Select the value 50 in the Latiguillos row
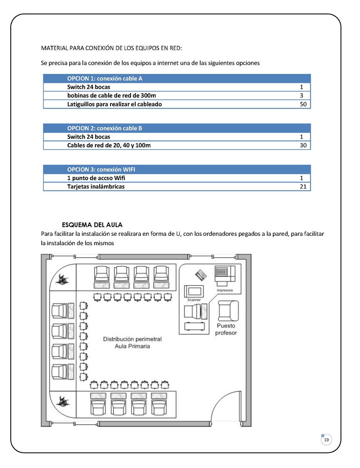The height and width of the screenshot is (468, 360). point(303,104)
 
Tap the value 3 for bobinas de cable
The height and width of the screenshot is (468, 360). point(302,95)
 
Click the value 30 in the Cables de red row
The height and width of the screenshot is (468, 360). point(303,146)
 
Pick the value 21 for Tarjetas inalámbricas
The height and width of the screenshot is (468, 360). point(303,187)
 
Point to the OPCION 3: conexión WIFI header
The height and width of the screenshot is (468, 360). point(101,169)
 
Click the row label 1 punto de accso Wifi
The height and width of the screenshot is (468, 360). point(96,178)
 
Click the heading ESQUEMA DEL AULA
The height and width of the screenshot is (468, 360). point(92,225)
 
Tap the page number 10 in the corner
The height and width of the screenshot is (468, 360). point(326,439)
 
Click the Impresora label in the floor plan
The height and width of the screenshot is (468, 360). point(225,290)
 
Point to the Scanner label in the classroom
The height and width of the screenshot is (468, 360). point(194,299)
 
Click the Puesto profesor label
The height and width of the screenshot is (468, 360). point(226,329)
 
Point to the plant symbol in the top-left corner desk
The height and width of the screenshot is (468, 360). point(60,279)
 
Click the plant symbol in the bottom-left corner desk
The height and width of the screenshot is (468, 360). point(60,401)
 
